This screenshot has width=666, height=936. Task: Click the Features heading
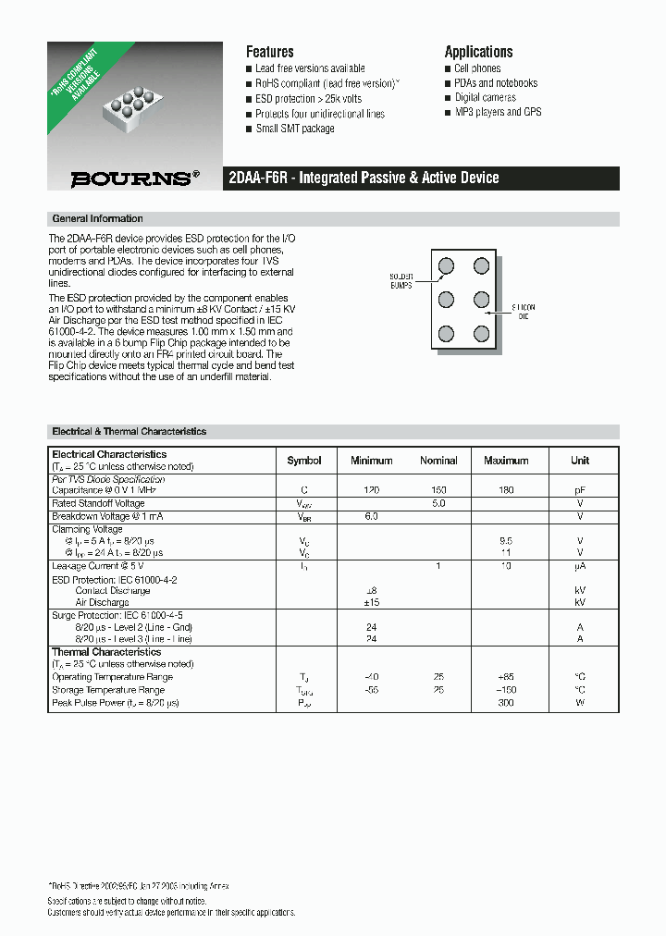[269, 52]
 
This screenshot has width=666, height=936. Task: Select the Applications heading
[478, 52]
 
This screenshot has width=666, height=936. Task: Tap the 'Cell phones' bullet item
[477, 68]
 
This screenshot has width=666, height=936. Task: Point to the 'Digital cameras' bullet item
[485, 97]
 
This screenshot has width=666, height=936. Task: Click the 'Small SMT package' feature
[295, 129]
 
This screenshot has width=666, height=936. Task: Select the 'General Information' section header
[97, 219]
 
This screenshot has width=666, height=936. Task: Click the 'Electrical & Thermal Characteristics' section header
[129, 432]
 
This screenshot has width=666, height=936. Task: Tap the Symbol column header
[304, 461]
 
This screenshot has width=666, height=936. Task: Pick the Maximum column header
[506, 461]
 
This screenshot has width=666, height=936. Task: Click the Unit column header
[580, 461]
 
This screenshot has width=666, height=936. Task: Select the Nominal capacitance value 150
[438, 490]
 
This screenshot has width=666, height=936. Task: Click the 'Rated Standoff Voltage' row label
[98, 503]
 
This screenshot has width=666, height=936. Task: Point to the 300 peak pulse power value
[506, 703]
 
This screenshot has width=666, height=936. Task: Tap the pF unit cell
[580, 490]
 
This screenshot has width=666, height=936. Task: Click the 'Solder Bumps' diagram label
[401, 281]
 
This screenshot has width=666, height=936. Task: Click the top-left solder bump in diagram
[446, 266]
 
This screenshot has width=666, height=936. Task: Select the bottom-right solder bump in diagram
[481, 333]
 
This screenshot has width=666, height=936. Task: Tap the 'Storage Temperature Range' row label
[108, 690]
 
